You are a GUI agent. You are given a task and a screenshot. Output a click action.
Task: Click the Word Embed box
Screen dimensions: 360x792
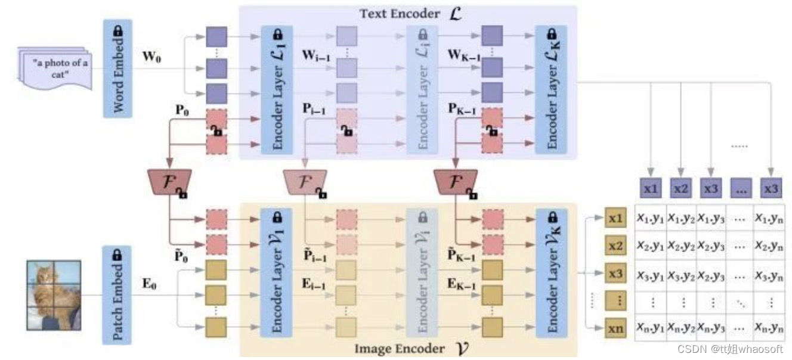coord(118,69)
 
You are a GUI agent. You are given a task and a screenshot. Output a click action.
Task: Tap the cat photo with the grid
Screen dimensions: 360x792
coord(54,294)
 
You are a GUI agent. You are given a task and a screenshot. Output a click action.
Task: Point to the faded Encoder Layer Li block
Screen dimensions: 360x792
coord(422,89)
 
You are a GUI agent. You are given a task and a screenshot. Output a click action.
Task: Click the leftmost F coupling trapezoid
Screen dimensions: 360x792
coord(169,182)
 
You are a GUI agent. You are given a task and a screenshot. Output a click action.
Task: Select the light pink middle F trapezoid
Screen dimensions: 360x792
coord(305,182)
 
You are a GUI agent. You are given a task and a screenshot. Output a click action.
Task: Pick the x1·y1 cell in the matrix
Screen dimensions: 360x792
coord(651,218)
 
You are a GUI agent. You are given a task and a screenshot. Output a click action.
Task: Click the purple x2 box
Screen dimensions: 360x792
coord(680,188)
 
